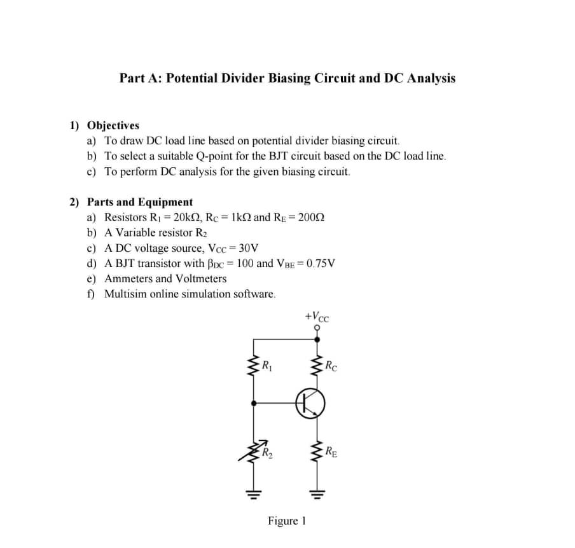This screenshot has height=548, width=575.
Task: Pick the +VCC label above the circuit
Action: [317, 316]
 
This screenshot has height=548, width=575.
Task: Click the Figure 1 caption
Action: [287, 521]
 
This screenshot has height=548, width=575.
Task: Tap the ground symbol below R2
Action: [254, 492]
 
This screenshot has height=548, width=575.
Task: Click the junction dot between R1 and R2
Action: [254, 402]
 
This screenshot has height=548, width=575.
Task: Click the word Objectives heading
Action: [113, 125]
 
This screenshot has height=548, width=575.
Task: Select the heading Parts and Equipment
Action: [139, 202]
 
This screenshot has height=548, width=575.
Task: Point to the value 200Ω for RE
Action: [312, 217]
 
